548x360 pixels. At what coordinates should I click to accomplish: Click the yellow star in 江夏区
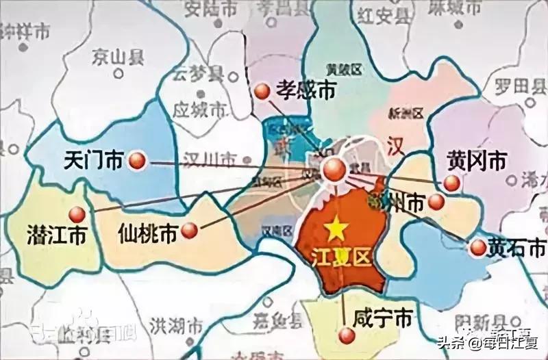tap(336, 229)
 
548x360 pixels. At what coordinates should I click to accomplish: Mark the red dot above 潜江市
tap(77, 214)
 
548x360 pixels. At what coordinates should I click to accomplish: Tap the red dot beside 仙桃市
tap(193, 231)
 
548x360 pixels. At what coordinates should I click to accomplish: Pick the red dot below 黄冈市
tap(451, 182)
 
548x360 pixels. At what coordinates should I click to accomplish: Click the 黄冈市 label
tap(477, 161)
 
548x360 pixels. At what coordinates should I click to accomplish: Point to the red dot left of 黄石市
tap(477, 248)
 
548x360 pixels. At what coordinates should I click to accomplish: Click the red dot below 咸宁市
tap(347, 335)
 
